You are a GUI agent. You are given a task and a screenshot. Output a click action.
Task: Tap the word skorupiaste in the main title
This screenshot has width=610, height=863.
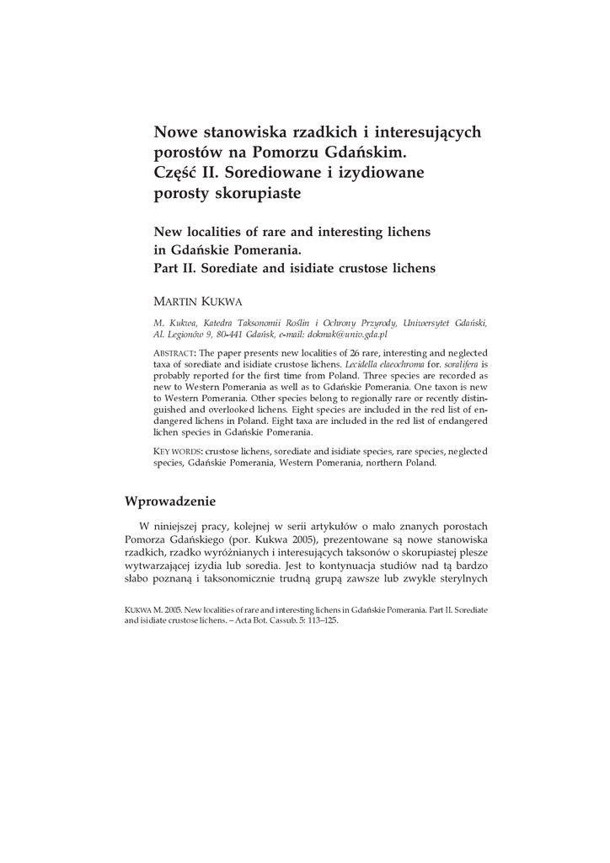[261, 193]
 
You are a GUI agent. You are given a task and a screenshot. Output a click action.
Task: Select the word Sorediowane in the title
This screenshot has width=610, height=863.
[277, 173]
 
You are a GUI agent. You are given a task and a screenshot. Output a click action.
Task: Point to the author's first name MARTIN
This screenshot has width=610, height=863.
[178, 301]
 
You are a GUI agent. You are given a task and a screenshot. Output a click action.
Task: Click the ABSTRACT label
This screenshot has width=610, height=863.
[174, 352]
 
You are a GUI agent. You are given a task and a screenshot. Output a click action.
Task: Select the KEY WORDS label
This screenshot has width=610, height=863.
[178, 452]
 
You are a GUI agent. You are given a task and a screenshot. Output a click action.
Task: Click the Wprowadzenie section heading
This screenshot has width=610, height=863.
[170, 501]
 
